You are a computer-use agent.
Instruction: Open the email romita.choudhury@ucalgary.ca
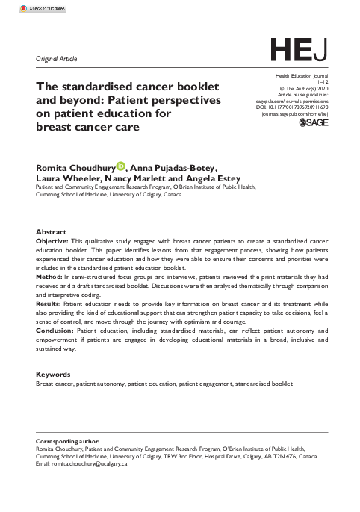coord(90,463)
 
